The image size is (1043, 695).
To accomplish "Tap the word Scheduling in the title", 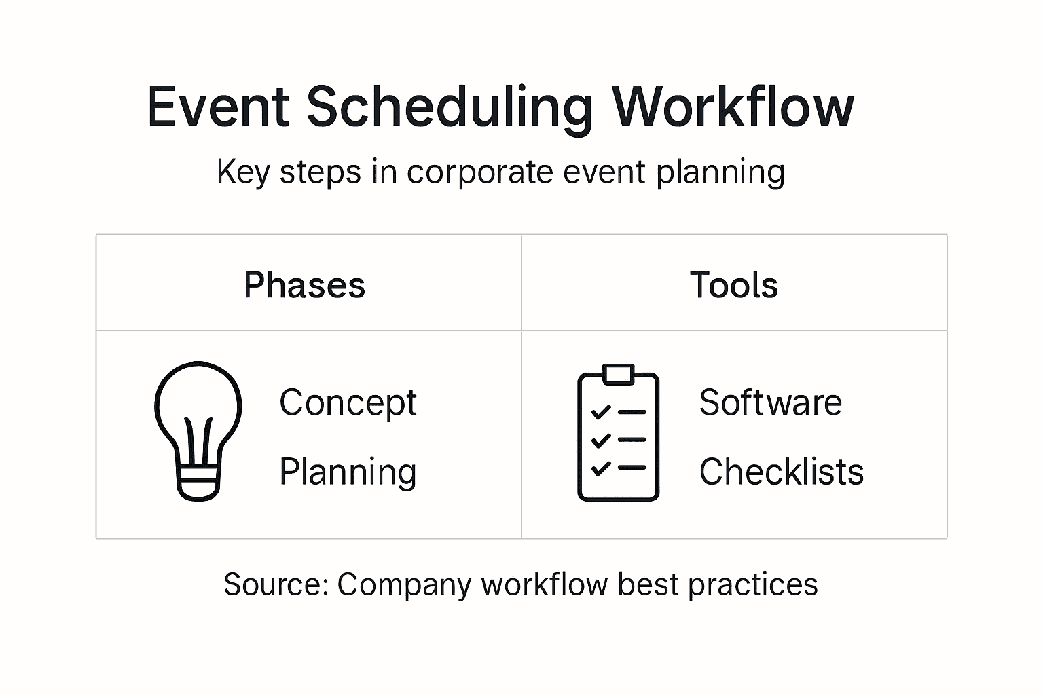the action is coord(450,110).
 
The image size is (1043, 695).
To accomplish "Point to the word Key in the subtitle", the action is coord(243,172).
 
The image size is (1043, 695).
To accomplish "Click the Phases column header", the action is coord(304,284).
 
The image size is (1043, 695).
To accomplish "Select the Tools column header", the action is coord(733,284).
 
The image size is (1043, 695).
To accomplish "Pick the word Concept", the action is coord(348,403).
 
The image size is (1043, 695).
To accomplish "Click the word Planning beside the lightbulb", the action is coord(348,472).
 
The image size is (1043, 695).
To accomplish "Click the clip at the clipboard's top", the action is coord(619,375).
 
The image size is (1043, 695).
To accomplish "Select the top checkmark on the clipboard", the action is coord(601,412).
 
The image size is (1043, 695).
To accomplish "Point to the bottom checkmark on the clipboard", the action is coord(601,468).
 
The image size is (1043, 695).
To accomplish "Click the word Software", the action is coord(770,402).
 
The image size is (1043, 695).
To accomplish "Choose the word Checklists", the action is coord(782,471).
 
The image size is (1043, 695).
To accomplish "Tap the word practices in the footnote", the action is coord(752,586).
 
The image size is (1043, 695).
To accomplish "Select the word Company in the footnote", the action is coord(404,586).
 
